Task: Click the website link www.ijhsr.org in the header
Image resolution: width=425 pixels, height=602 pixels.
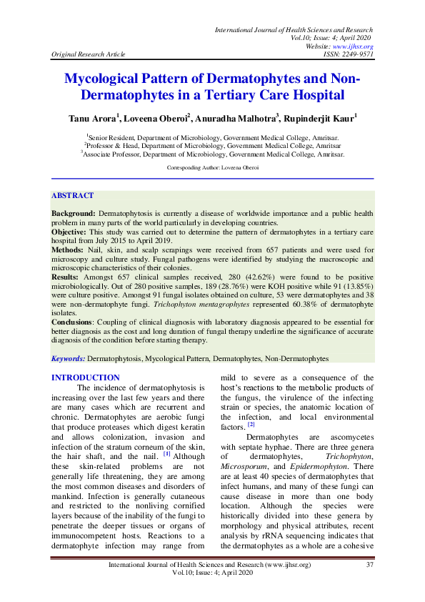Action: [x=355, y=46]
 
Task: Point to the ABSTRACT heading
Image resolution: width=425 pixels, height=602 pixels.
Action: [x=72, y=194]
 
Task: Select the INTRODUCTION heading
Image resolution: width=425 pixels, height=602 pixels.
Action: [x=86, y=378]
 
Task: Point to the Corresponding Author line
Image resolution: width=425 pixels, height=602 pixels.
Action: [x=212, y=167]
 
